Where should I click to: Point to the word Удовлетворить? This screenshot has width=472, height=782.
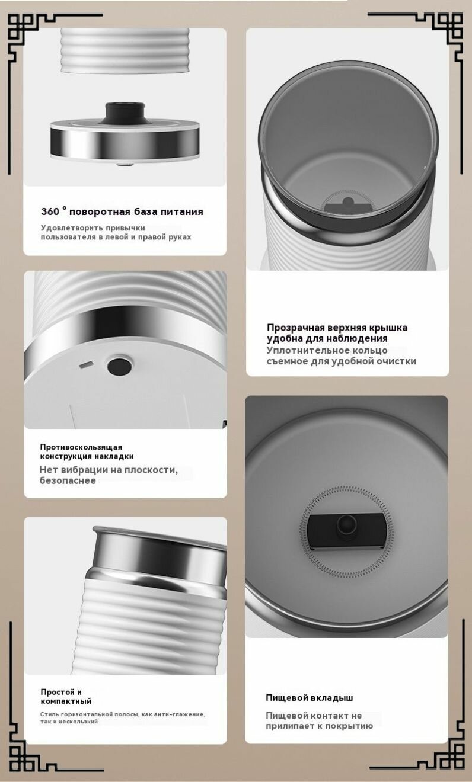point(65,228)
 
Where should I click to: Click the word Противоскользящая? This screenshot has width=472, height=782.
point(81,447)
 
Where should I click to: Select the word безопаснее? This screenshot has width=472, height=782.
point(68,480)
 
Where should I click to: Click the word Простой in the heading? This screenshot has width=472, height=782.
point(58,691)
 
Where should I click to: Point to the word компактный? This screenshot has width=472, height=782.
point(66,701)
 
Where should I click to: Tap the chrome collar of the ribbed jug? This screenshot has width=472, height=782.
point(158,555)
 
